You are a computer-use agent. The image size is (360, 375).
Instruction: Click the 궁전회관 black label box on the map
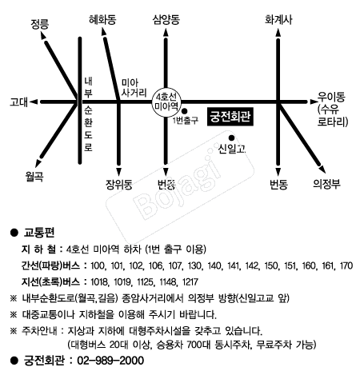(230, 117)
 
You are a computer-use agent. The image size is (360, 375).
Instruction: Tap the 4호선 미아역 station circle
(166, 102)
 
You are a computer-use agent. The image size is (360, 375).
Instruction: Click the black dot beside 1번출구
(184, 111)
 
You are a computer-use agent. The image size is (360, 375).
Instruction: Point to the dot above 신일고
(231, 138)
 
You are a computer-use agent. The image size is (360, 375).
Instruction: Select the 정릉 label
(40, 24)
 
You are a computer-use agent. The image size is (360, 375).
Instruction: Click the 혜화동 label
(102, 19)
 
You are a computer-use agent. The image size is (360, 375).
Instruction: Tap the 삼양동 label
(166, 19)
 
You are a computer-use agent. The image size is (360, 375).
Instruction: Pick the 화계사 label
(278, 19)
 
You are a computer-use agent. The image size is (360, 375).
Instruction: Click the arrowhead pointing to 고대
(34, 102)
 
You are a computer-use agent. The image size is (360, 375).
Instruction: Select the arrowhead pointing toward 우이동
(312, 102)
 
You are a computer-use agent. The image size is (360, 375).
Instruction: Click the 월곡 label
(34, 176)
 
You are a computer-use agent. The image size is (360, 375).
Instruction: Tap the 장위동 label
(119, 184)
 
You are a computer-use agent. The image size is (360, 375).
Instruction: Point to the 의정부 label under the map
(326, 184)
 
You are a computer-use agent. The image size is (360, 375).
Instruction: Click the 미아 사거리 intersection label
(134, 87)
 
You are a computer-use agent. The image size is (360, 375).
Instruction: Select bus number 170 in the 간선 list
(346, 265)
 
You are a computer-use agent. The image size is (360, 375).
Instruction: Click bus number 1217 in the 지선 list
(190, 282)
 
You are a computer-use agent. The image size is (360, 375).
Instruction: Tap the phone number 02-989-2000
(110, 361)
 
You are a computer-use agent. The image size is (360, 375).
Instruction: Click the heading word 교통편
(39, 233)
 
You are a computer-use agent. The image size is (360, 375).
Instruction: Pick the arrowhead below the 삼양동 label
(166, 32)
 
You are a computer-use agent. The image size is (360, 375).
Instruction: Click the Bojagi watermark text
(178, 186)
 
